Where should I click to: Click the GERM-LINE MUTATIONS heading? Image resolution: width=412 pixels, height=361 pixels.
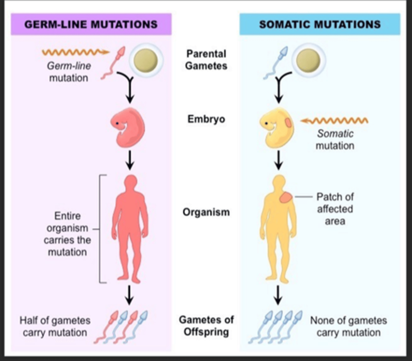(91, 24)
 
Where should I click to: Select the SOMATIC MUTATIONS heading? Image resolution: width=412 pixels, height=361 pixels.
(320, 24)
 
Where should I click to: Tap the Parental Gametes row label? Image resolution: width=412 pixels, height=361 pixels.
(206, 60)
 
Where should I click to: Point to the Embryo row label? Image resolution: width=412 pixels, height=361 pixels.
(206, 119)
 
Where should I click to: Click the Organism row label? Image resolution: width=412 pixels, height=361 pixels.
(206, 212)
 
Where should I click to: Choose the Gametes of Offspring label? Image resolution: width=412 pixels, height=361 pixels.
(206, 326)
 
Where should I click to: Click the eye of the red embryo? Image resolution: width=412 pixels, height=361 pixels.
(117, 123)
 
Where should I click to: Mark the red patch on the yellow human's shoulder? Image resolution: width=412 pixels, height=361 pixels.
(286, 198)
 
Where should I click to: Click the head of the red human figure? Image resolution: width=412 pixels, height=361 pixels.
(130, 182)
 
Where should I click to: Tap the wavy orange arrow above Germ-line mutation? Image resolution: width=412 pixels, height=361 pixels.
(75, 52)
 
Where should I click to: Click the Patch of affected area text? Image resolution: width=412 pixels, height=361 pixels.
(335, 209)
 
